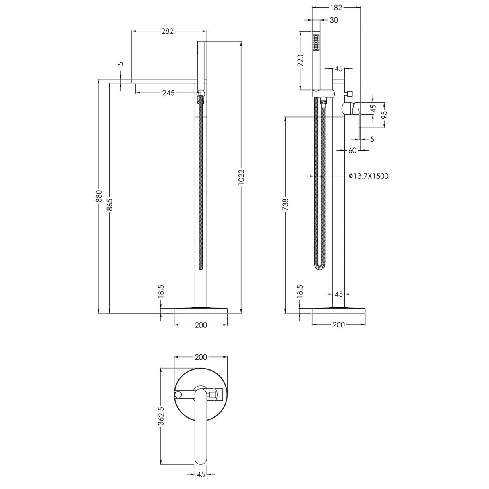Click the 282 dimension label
tap(167, 31)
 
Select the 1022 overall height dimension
tap(241, 177)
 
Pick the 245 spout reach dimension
tap(168, 93)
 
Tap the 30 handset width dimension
tap(334, 20)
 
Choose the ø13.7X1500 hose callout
tap(369, 176)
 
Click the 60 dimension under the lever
tap(352, 150)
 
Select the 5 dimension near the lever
tap(372, 139)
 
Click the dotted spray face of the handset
tap(316, 42)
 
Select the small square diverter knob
tap(348, 94)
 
